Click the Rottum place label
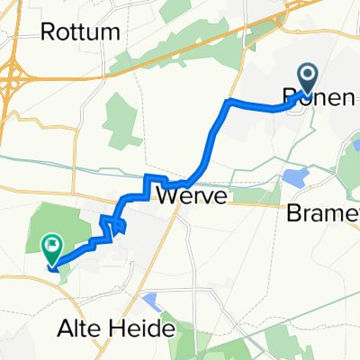[x=80, y=33]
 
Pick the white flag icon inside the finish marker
[x=52, y=243]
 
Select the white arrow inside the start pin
[x=307, y=76]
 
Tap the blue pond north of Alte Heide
[x=150, y=299]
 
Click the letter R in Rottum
[x=48, y=33]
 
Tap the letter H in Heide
[x=123, y=329]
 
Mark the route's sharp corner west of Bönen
[x=230, y=100]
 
